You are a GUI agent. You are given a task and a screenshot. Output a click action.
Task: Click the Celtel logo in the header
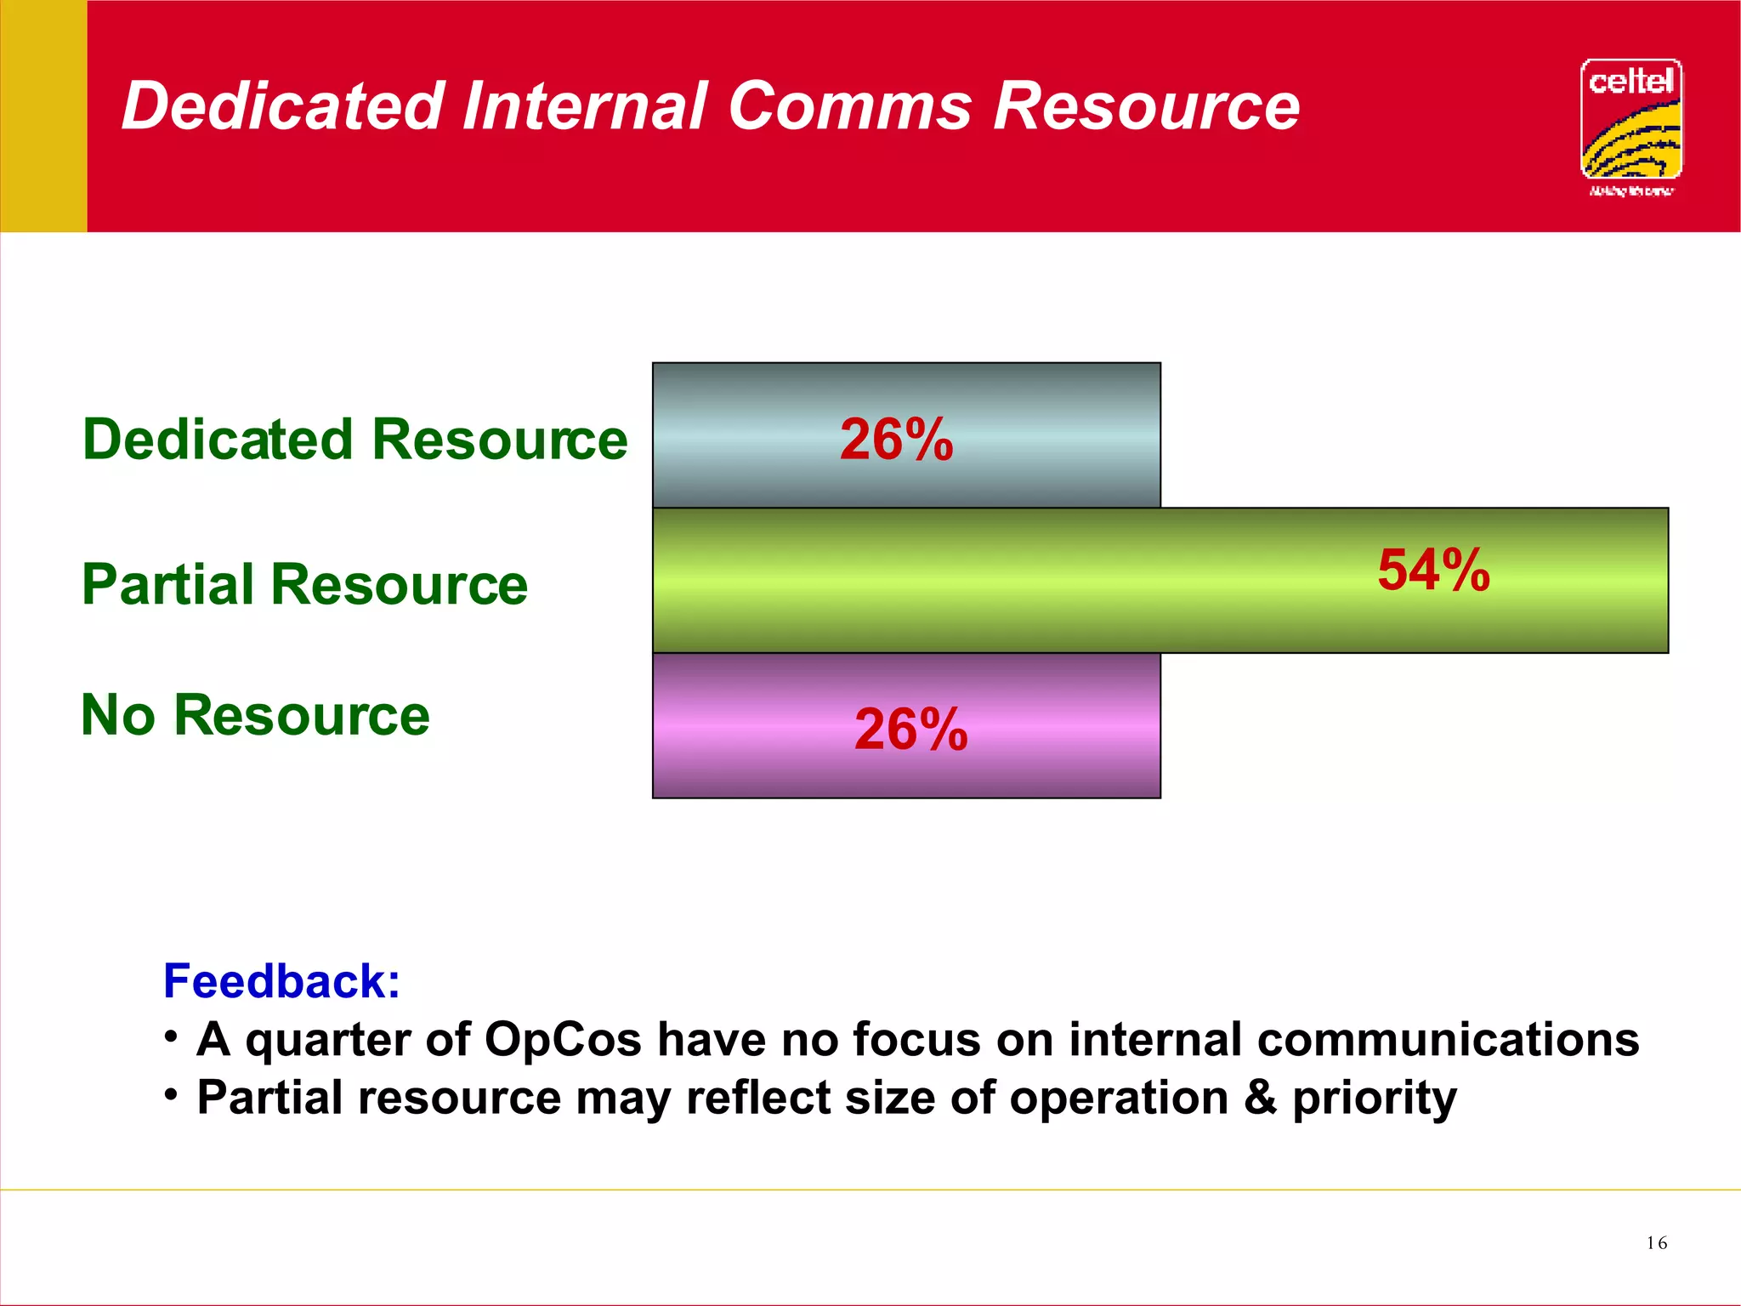pos(1630,126)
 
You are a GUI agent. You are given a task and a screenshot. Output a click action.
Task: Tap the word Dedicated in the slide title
pos(283,106)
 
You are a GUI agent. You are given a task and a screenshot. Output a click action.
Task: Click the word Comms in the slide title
pos(849,106)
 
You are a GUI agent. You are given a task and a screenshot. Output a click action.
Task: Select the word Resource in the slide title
pos(1147,106)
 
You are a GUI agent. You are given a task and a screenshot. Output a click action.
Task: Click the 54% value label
pos(1434,570)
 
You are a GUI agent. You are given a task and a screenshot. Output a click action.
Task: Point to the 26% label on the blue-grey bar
pos(897,440)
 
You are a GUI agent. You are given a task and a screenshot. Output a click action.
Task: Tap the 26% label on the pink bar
pos(910,730)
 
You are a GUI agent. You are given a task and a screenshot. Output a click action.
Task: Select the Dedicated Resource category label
pos(354,440)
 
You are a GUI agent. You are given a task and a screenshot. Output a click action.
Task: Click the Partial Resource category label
pos(304,585)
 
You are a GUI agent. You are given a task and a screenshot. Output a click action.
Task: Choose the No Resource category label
pos(255,715)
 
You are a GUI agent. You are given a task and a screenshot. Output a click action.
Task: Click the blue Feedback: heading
pos(281,981)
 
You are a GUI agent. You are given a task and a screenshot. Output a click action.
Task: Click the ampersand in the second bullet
pos(1261,1097)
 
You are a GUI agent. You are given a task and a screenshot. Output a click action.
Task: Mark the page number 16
pos(1656,1243)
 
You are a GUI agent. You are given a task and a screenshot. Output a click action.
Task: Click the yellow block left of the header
pos(43,116)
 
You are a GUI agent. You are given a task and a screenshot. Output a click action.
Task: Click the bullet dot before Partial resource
pos(172,1093)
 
